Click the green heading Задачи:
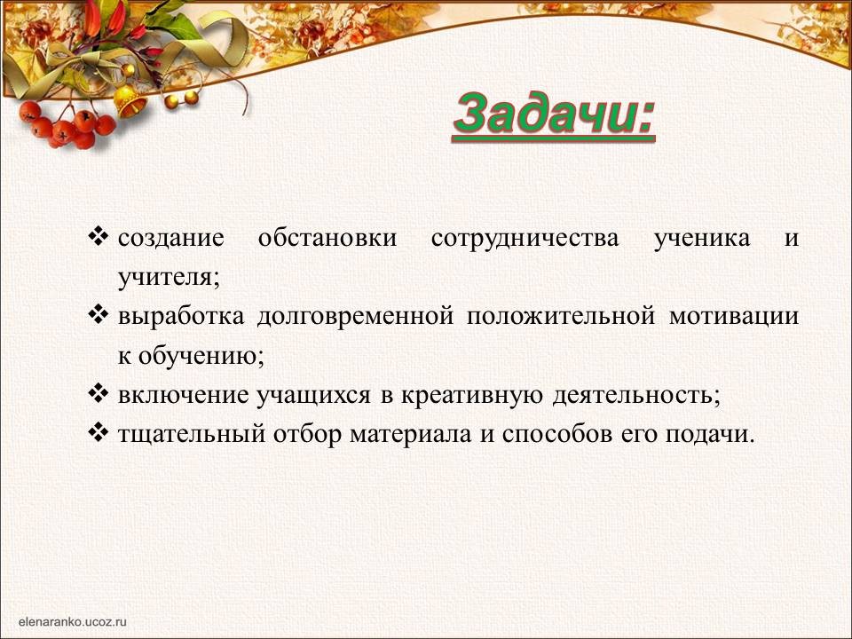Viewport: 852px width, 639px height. tap(554, 115)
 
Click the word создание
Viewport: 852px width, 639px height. tap(170, 238)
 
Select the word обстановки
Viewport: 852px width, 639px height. tap(327, 238)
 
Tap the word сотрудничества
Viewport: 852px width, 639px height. tap(525, 239)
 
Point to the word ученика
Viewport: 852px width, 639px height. tap(702, 239)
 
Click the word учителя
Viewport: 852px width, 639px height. tap(169, 278)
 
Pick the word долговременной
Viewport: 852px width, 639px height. tap(355, 316)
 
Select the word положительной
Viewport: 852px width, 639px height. tap(561, 316)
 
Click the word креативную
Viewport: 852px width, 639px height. tap(471, 396)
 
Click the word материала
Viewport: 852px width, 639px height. tap(410, 435)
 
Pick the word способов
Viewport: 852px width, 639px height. tap(557, 434)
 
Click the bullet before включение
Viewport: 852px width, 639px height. tap(99, 393)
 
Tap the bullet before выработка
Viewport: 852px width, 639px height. tap(99, 315)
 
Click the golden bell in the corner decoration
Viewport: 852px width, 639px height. tap(130, 100)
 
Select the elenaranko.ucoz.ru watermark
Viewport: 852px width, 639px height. tap(72, 621)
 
